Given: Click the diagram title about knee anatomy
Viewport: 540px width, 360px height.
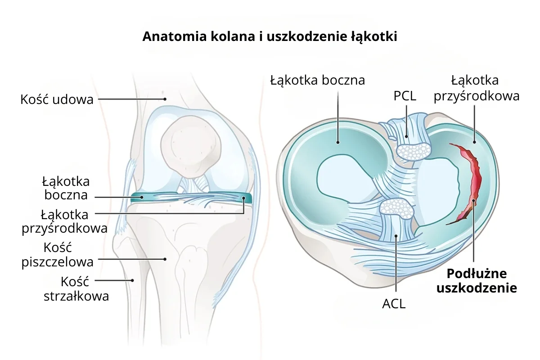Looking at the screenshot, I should (x=270, y=36).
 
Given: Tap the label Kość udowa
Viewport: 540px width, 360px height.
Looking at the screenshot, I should (x=57, y=99).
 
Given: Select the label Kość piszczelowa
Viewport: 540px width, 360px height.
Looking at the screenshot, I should (x=58, y=254).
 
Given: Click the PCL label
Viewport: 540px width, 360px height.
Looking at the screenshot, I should (x=405, y=96).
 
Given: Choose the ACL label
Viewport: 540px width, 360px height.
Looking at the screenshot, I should (x=394, y=304).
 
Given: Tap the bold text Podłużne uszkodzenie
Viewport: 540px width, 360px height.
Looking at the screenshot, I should (x=476, y=281).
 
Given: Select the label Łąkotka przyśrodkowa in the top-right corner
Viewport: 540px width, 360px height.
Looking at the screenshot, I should (x=476, y=88).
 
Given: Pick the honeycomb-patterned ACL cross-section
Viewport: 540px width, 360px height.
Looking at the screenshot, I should (x=396, y=208).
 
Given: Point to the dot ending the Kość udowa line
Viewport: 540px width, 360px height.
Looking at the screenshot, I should (x=165, y=99).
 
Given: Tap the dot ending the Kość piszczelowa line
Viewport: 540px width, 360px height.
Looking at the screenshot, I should (x=165, y=259).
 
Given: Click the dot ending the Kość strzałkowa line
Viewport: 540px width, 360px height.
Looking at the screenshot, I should (x=132, y=280).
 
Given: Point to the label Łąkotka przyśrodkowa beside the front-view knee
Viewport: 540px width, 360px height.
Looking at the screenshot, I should (x=64, y=220).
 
